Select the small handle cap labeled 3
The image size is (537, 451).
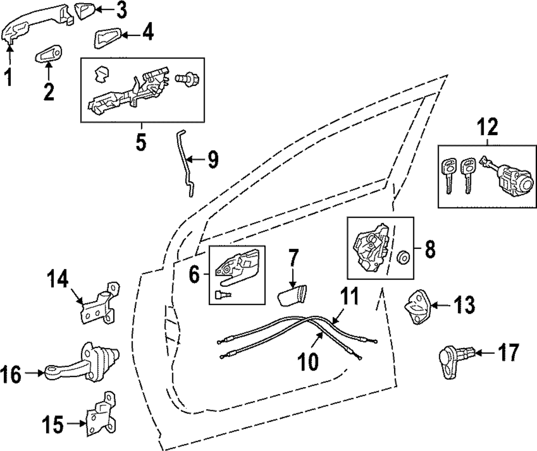(x=84, y=11)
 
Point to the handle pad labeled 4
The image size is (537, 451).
(x=107, y=38)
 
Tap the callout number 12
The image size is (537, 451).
(x=488, y=128)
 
